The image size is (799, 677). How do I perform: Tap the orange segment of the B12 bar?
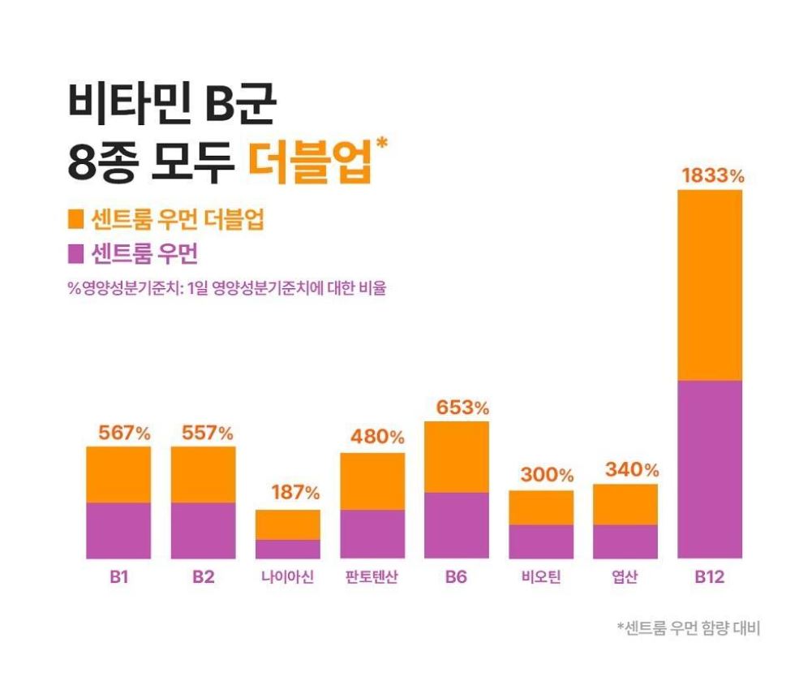pyautogui.click(x=709, y=285)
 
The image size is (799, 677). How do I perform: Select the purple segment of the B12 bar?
pyautogui.click(x=709, y=468)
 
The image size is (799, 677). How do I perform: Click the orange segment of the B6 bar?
pyautogui.click(x=456, y=456)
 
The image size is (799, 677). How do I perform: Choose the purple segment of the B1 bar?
pyautogui.click(x=118, y=530)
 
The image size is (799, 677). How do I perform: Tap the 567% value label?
pyautogui.click(x=124, y=433)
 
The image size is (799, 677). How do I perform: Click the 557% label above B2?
pyautogui.click(x=207, y=433)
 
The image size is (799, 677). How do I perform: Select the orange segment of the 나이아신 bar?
pyautogui.click(x=287, y=524)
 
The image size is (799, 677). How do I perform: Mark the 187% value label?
pyautogui.click(x=294, y=492)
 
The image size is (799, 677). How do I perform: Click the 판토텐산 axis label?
pyautogui.click(x=372, y=579)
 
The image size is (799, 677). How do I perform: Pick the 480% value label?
pyautogui.click(x=377, y=437)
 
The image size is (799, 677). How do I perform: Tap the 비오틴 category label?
pyautogui.click(x=541, y=579)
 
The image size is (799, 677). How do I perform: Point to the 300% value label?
pyautogui.click(x=547, y=475)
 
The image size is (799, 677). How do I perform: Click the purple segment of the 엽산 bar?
pyautogui.click(x=625, y=541)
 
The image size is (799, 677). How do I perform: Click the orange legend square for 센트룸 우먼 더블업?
pyautogui.click(x=76, y=219)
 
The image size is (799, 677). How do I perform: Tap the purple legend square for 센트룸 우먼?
pyautogui.click(x=76, y=254)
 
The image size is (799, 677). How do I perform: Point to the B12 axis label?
pyautogui.click(x=709, y=579)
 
